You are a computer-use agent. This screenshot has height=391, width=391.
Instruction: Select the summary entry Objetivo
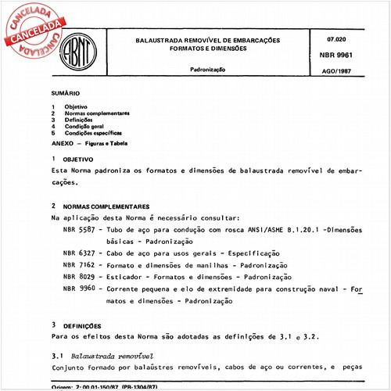pyautogui.click(x=76, y=106)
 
